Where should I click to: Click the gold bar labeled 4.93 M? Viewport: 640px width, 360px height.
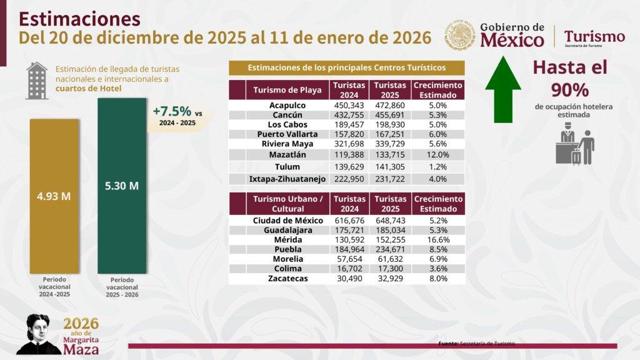click(55, 195)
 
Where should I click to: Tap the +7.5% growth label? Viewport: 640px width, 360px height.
click(172, 112)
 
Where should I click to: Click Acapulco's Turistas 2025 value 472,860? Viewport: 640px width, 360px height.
click(390, 105)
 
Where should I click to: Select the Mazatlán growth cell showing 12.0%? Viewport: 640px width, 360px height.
click(437, 154)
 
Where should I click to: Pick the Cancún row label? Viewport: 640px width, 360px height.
click(287, 115)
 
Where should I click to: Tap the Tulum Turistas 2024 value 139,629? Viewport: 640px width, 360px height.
click(349, 167)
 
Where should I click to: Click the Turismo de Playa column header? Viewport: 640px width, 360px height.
click(287, 90)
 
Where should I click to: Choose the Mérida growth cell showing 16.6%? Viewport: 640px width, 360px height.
click(437, 239)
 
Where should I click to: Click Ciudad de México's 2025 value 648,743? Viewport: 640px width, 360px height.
click(390, 220)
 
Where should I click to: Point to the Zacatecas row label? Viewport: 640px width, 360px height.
click(287, 278)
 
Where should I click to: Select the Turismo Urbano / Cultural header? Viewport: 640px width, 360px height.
click(287, 204)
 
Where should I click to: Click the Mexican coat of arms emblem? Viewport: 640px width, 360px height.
click(461, 36)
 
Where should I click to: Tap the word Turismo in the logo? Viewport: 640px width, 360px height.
click(594, 36)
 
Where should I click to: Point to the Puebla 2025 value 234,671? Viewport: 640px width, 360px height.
click(390, 249)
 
